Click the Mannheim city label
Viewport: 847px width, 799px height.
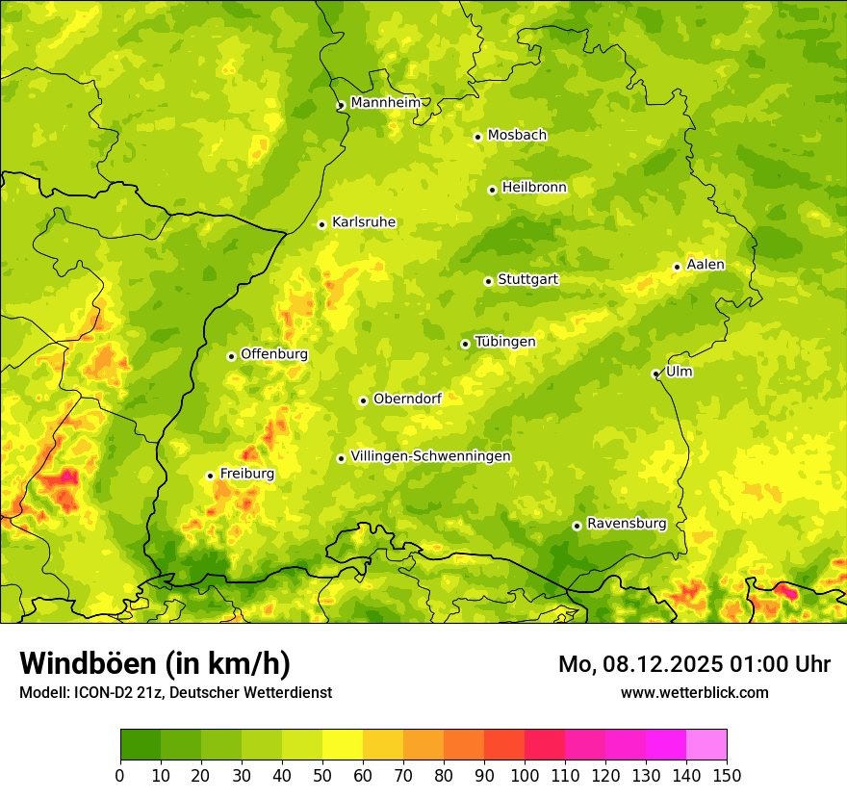click(385, 102)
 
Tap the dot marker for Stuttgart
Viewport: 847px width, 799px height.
click(488, 281)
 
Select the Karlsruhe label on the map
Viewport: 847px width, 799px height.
click(363, 222)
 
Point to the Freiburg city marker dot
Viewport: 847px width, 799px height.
click(210, 476)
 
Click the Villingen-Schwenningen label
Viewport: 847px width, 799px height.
click(430, 456)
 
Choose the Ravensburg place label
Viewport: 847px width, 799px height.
click(626, 524)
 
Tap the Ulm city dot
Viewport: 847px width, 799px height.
click(655, 374)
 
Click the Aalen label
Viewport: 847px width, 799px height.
click(706, 265)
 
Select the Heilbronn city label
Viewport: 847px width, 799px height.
click(534, 188)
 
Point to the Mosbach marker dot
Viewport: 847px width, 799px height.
click(477, 137)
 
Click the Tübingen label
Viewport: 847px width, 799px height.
click(505, 342)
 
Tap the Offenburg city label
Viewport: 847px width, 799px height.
click(274, 354)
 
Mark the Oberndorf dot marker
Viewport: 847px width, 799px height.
click(363, 400)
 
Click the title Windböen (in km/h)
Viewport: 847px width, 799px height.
click(154, 663)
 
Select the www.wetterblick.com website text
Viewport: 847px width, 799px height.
click(694, 692)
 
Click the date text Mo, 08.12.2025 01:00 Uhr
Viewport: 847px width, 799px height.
click(694, 664)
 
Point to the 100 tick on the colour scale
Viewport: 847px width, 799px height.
click(525, 775)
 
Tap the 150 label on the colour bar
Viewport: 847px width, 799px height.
click(727, 775)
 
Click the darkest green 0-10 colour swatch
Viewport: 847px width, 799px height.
click(140, 745)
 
